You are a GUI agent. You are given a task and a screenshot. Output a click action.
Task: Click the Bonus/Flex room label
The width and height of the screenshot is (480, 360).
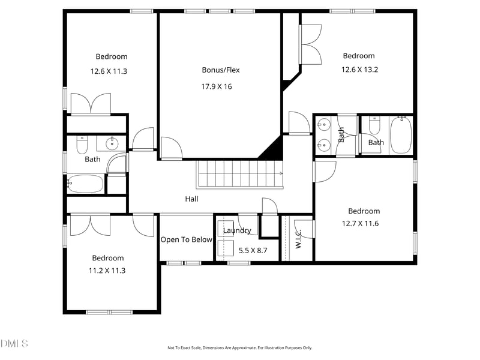point(221,70)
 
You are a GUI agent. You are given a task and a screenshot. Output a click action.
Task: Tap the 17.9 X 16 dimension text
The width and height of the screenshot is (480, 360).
point(217,86)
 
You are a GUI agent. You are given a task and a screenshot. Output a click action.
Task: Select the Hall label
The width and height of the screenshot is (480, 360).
point(191,199)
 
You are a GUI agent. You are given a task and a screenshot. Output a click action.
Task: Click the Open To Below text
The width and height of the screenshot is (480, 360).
point(187,239)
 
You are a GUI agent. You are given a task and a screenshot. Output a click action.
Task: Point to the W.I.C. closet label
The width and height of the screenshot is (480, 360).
point(298,239)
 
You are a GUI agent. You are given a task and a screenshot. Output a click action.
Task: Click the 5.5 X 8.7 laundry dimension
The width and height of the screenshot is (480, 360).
point(253,250)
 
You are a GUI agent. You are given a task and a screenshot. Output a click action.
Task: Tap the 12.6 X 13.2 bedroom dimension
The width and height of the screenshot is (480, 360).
point(359,70)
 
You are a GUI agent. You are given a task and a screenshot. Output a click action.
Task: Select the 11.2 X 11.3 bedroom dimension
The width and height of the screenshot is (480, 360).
point(107,271)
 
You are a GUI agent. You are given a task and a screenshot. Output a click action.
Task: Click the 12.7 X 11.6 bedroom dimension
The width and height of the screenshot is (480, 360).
point(361,223)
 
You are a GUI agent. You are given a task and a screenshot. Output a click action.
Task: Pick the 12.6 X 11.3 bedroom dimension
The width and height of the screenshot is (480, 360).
point(109,71)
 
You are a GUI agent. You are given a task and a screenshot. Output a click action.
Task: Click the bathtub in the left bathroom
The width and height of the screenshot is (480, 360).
point(85,184)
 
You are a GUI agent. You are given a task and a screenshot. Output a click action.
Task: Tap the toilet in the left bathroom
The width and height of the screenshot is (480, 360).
point(82,145)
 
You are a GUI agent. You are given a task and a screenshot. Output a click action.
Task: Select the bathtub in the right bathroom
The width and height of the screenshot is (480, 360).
point(401,134)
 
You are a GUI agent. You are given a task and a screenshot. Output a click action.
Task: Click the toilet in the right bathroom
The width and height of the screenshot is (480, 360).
point(374,125)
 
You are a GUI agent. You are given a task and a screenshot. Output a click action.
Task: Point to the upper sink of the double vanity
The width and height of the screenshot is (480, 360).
point(323,125)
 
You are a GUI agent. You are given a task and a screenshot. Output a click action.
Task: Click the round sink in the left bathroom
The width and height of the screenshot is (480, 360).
point(112,143)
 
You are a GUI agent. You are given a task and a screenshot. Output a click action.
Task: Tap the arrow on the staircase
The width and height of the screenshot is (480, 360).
point(281,173)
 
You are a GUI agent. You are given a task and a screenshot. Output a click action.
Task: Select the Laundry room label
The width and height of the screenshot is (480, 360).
point(237,230)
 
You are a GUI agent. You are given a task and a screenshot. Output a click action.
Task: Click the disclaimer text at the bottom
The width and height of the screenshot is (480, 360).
point(239,348)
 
